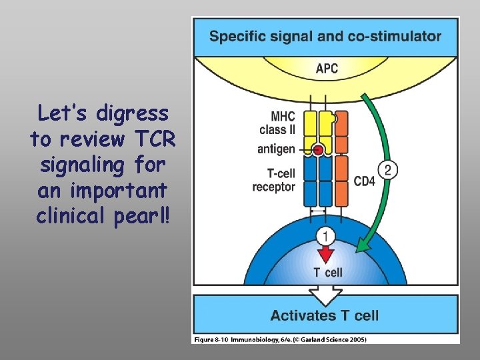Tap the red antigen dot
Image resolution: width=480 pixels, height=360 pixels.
(319, 150)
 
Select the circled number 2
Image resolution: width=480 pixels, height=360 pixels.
(388, 170)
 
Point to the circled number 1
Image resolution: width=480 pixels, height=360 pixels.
(325, 235)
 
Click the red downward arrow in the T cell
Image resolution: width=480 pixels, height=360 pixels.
(325, 254)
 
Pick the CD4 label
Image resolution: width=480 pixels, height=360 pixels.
(365, 181)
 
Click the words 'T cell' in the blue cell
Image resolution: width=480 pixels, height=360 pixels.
(328, 272)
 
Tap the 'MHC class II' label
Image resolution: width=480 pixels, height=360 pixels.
(277, 123)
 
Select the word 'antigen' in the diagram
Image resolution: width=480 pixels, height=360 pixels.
(276, 149)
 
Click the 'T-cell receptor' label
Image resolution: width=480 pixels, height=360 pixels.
(273, 181)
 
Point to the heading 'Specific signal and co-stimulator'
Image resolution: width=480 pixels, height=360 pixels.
(325, 36)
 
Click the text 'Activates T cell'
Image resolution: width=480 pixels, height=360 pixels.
(325, 315)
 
